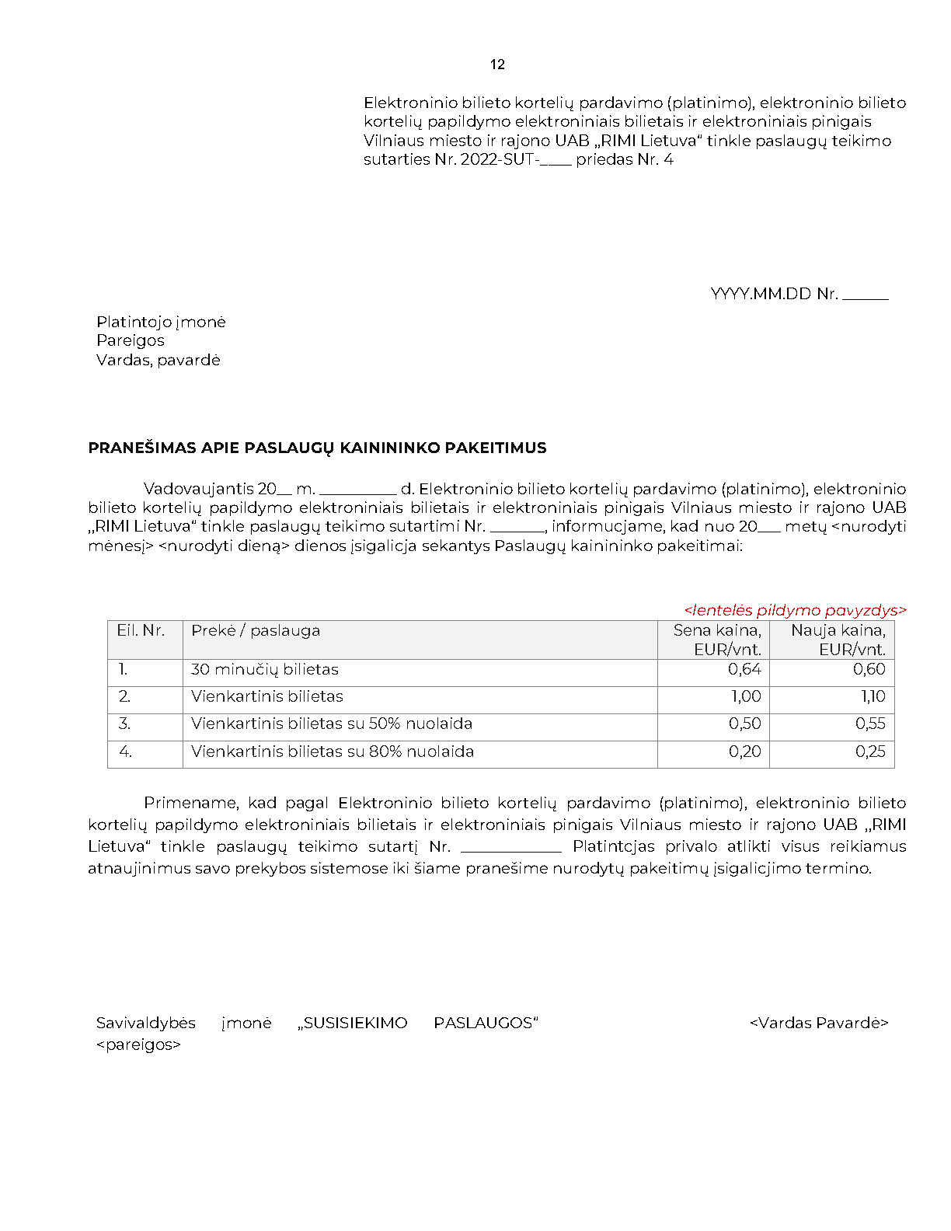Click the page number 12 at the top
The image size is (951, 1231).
[x=497, y=65]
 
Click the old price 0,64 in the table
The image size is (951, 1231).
[x=744, y=669]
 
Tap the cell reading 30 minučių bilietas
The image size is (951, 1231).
[x=265, y=669]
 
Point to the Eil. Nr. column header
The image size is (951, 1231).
[x=141, y=630]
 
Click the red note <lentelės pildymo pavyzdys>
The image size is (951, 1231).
[x=795, y=610]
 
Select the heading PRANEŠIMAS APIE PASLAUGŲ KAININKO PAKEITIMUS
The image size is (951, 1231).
[x=317, y=448]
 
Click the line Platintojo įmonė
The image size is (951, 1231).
[x=161, y=322]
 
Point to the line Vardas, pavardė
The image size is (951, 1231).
[x=158, y=360]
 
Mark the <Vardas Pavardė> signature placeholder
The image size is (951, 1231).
[x=819, y=1023]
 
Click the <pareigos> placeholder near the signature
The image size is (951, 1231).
[x=138, y=1044]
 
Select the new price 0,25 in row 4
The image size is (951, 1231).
[x=870, y=752]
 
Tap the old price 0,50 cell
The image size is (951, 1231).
[x=744, y=724]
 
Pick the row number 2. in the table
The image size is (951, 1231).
[x=124, y=696]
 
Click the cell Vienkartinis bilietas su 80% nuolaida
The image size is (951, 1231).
[x=333, y=752]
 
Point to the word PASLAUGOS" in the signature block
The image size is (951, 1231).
[x=486, y=1023]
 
